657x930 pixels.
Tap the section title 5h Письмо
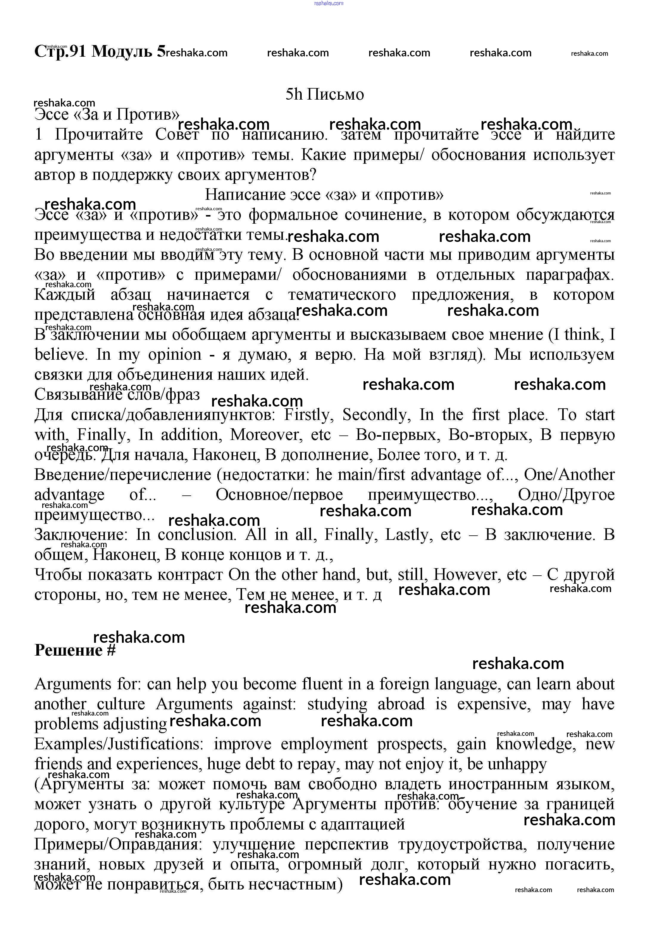coord(325,94)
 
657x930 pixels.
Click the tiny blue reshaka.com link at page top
coord(328,3)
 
